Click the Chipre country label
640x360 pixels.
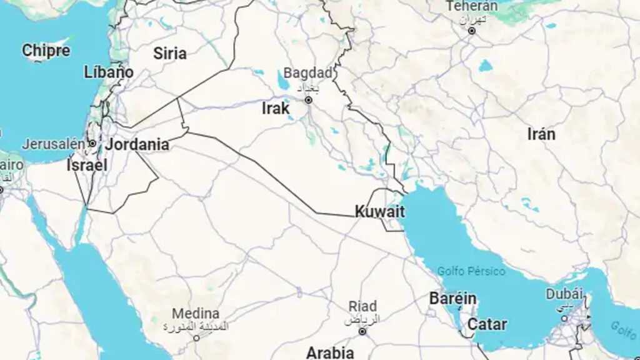pos(46,51)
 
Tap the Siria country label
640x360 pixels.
pos(170,54)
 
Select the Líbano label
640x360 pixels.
pos(109,72)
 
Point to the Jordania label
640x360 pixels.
pos(137,144)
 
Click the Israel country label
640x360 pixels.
pos(87,166)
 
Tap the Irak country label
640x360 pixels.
pos(276,109)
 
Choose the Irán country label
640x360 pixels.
pos(541,134)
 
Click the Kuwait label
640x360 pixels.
pos(379,211)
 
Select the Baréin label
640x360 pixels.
pos(453,299)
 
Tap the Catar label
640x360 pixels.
pos(487,324)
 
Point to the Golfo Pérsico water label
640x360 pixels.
pos(471,271)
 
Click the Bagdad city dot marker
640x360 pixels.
pos(308,100)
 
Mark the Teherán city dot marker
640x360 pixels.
pos(472,31)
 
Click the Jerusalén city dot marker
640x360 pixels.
pos(92,144)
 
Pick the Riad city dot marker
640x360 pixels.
pos(362,331)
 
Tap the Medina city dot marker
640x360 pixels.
pos(196,338)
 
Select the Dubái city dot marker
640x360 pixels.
pos(564,318)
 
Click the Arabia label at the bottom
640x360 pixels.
pos(330,353)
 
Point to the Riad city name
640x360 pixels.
pos(362,306)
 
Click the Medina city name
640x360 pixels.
pos(196,313)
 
